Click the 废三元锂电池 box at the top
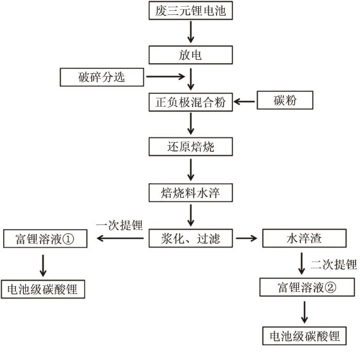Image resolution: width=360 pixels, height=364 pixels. click(x=190, y=10)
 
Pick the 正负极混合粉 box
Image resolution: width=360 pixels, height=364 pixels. click(x=190, y=101)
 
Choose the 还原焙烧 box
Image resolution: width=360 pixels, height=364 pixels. click(x=190, y=147)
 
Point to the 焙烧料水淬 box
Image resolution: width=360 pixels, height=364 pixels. click(x=190, y=193)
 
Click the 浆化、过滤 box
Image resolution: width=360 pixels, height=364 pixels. click(x=190, y=238)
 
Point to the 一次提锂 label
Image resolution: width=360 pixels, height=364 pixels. click(x=119, y=224)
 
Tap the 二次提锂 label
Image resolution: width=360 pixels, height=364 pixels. click(x=333, y=265)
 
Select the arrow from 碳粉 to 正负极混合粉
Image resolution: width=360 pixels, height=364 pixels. click(x=245, y=101)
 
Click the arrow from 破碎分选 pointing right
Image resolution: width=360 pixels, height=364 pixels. click(x=165, y=78)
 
